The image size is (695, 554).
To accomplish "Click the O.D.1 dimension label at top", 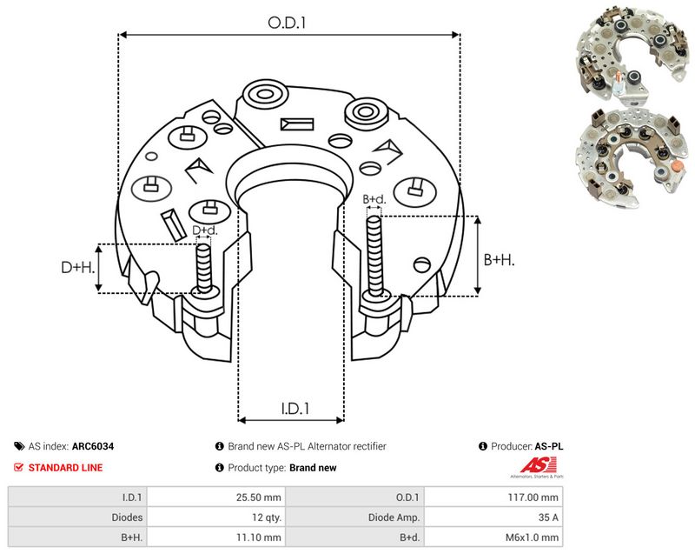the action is click(287, 23).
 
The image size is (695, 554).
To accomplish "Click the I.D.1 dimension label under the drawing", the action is click(295, 408).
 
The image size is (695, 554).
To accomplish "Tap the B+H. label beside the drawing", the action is click(499, 259).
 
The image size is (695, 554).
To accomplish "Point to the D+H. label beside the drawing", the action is click(78, 267).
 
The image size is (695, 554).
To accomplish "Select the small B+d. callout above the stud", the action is click(374, 199).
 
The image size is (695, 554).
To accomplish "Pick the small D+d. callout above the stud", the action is click(205, 230).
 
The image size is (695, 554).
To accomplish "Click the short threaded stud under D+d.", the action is click(204, 269).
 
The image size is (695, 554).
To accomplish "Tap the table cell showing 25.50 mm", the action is click(258, 497).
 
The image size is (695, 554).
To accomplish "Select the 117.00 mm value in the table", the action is click(533, 497).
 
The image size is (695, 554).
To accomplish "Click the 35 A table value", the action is click(548, 517).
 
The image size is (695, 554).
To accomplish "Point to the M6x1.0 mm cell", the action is click(532, 537).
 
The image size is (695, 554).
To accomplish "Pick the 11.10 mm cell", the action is click(258, 537).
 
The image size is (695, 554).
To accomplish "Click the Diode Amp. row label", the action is click(394, 517).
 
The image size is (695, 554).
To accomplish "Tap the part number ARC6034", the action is click(93, 446).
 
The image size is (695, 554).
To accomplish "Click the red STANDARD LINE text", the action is click(65, 468).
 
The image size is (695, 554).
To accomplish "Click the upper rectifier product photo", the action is click(632, 51).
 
